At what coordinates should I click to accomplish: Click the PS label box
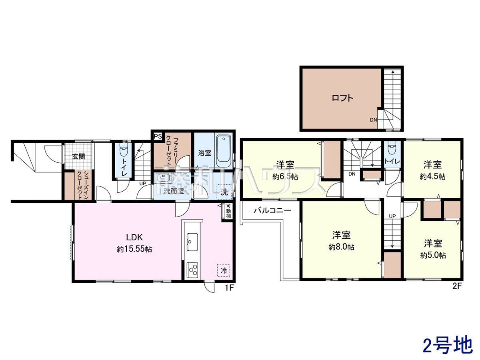(158, 136)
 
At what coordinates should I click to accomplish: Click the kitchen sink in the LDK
(192, 242)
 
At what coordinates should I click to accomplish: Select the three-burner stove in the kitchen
(192, 270)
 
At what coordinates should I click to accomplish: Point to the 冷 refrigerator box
(224, 270)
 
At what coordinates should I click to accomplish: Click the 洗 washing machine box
(224, 192)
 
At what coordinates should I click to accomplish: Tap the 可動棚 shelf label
(228, 211)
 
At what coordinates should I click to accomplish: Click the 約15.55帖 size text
(134, 249)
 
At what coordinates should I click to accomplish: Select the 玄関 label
(78, 156)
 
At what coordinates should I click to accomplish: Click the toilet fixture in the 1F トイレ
(124, 148)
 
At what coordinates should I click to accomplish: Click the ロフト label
(342, 98)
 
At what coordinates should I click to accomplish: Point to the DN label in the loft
(374, 120)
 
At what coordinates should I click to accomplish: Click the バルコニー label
(272, 210)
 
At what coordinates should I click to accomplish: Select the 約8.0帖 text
(341, 247)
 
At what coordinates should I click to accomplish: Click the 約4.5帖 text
(432, 176)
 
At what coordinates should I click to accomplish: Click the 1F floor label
(230, 288)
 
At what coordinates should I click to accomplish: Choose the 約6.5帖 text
(285, 176)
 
